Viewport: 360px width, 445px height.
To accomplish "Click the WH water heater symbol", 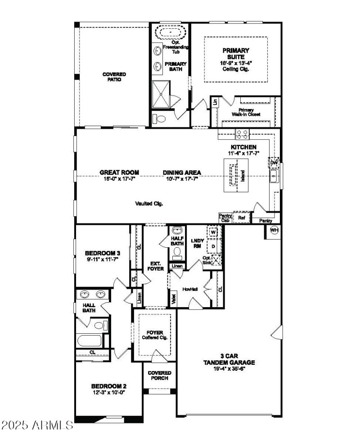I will coord(274,231).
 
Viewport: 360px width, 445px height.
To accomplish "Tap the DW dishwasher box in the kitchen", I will coord(274,163).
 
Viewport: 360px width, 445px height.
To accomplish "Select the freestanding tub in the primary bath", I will coord(170,33).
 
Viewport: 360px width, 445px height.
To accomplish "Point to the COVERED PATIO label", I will coord(114,77).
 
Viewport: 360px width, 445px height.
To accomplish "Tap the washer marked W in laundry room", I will coord(213,232).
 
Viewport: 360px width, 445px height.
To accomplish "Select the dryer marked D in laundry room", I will coord(213,246).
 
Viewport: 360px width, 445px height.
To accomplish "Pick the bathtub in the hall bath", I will coord(90,341).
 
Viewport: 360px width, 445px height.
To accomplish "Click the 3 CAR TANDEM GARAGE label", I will coord(229,359).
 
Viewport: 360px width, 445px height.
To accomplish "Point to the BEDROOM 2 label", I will coord(108,386).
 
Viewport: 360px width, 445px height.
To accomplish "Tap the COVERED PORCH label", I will coord(159,376).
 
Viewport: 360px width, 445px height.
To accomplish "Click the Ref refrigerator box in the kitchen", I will coord(242,218).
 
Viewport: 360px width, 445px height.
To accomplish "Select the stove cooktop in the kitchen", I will coord(243,133).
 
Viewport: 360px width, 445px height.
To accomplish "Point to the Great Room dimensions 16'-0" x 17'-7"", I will coord(119,178).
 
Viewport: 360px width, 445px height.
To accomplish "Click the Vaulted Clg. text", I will coord(149,203).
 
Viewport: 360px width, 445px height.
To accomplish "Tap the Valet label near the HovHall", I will coord(173,299).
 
